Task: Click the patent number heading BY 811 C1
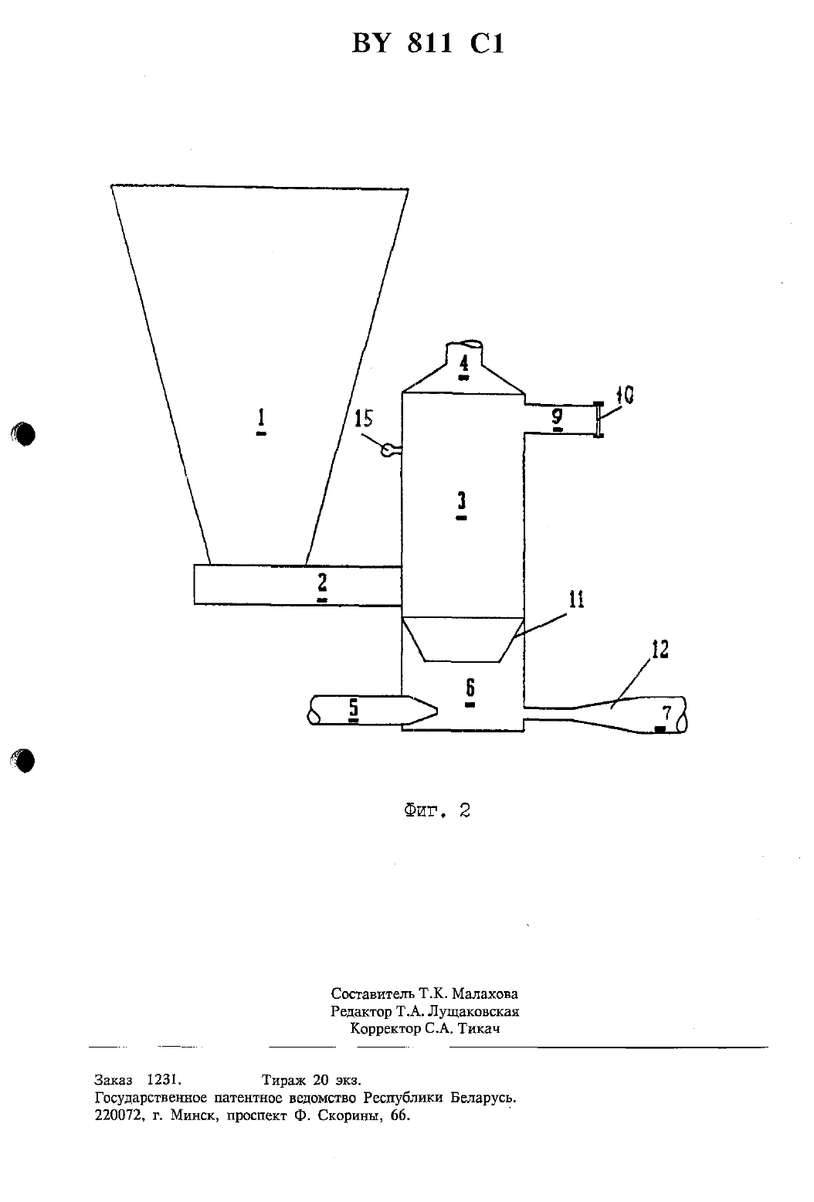(x=428, y=43)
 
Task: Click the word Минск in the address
(x=195, y=1115)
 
